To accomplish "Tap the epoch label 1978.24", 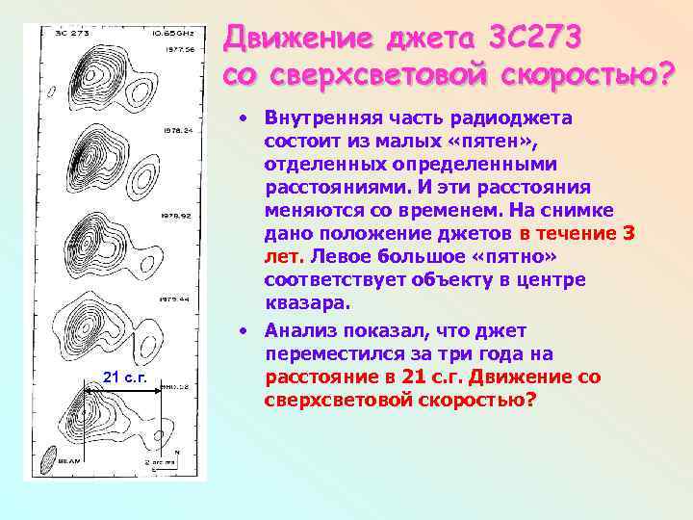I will pyautogui.click(x=178, y=129).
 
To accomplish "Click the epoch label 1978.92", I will pyautogui.click(x=178, y=217).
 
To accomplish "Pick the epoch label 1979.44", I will pyautogui.click(x=177, y=299).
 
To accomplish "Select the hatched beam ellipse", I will pyautogui.click(x=48, y=464).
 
